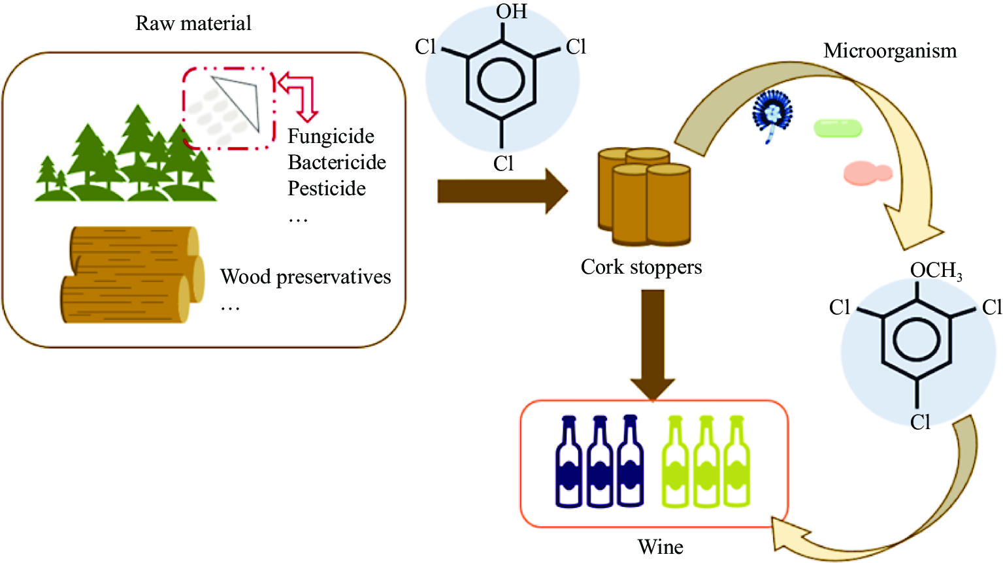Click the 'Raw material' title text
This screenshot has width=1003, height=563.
(x=193, y=24)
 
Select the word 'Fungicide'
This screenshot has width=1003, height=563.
(x=331, y=137)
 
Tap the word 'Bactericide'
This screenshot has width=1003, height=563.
(x=337, y=163)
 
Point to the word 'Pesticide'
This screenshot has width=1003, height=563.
(x=327, y=189)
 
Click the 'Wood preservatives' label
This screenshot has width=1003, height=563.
(x=305, y=277)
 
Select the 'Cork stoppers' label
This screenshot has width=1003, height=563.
(x=641, y=267)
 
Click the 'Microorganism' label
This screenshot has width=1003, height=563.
(x=889, y=51)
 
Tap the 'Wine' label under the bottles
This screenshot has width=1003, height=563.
(x=660, y=547)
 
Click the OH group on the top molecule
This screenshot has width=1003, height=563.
(x=511, y=12)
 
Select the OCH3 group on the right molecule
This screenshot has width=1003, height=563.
(x=935, y=270)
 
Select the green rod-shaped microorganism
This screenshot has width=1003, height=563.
(x=837, y=128)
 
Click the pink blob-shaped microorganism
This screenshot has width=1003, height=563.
(x=866, y=173)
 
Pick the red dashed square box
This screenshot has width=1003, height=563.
(x=228, y=108)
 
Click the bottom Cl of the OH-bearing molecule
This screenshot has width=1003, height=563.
(x=503, y=163)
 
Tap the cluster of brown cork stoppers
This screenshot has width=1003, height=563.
(x=644, y=196)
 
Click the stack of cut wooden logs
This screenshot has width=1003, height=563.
(x=131, y=274)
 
